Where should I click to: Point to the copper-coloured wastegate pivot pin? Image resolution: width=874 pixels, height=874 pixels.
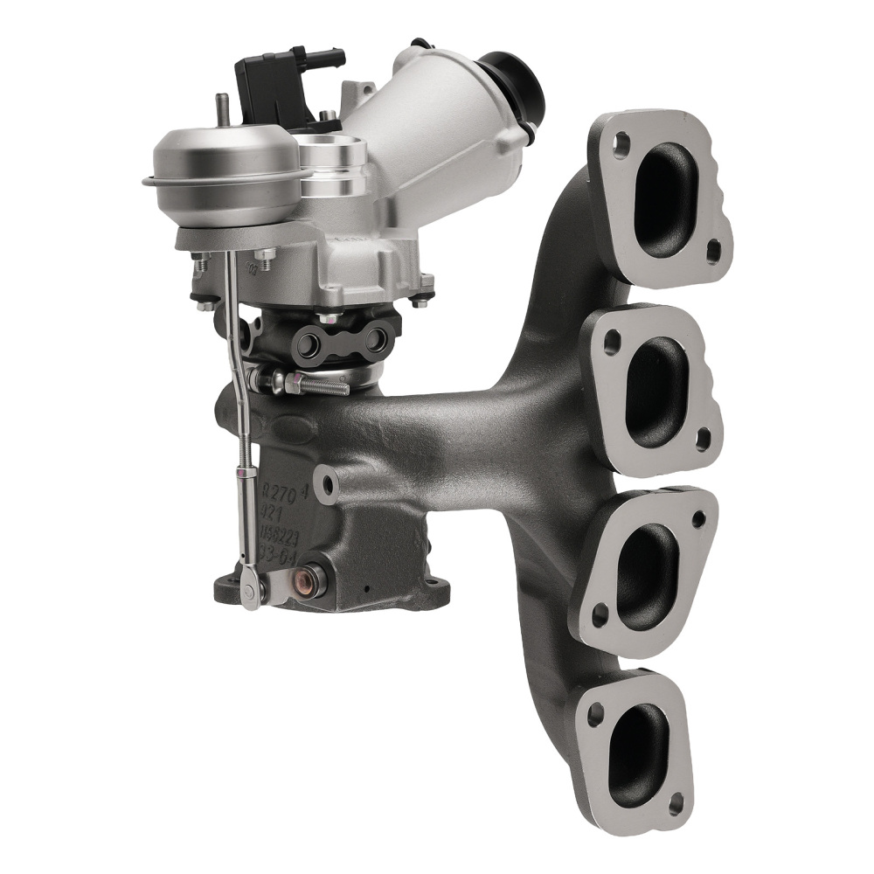click(x=308, y=578)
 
